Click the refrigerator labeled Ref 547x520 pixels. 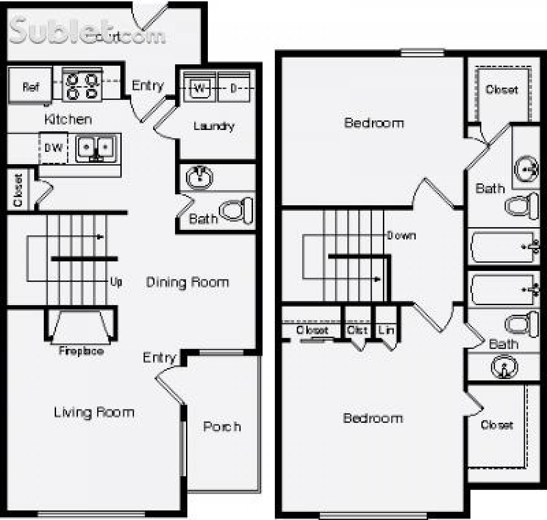(x=30, y=86)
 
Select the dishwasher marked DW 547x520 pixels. (x=54, y=148)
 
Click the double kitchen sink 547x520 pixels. (x=96, y=147)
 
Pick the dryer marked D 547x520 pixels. (x=234, y=87)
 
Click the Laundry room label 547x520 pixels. (x=214, y=126)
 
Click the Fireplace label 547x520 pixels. (x=81, y=351)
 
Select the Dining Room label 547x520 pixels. (x=187, y=282)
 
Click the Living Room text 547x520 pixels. (x=94, y=412)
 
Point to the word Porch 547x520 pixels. (x=222, y=426)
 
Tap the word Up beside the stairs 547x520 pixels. (x=116, y=281)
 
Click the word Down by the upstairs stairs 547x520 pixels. (x=401, y=235)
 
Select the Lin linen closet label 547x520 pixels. (x=386, y=330)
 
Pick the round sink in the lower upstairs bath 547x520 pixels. (x=504, y=367)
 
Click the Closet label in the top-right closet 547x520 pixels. (x=502, y=89)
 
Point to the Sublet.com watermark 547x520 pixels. (x=87, y=32)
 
